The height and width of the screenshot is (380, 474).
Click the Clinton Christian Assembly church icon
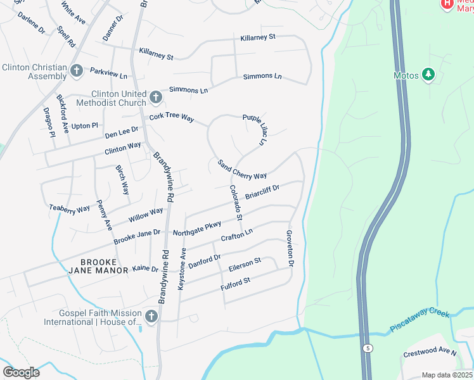point(77,70)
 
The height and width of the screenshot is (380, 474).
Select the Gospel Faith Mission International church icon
point(151,316)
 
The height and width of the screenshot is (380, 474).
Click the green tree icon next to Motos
point(429,75)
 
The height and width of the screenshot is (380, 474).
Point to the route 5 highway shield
point(367,348)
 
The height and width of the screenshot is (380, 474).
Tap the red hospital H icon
point(447,4)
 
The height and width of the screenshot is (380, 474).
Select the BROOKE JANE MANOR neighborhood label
point(98,265)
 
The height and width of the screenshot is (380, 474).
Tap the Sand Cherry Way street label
point(242,170)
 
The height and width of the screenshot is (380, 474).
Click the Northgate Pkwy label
point(196,229)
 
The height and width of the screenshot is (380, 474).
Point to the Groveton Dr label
point(290,247)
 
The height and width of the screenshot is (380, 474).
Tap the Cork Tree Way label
point(171,117)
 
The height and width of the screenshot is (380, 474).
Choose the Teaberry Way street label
point(70,208)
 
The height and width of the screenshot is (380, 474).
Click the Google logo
point(21,372)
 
